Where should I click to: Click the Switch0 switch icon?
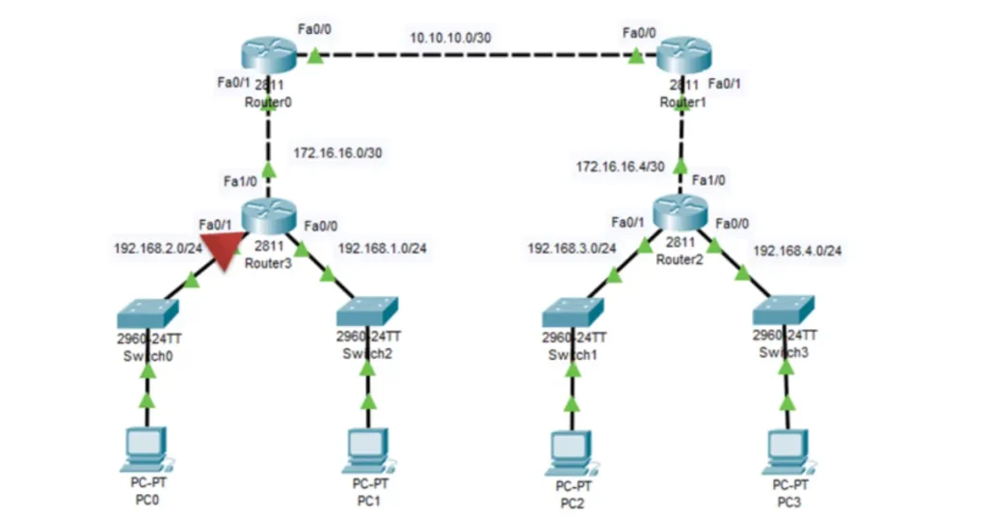(147, 313)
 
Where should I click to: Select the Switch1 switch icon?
(573, 313)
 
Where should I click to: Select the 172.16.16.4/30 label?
(620, 167)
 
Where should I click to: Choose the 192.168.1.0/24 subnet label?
(383, 248)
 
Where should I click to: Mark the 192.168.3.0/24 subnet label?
(572, 248)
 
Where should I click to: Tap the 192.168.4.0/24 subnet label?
(797, 251)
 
